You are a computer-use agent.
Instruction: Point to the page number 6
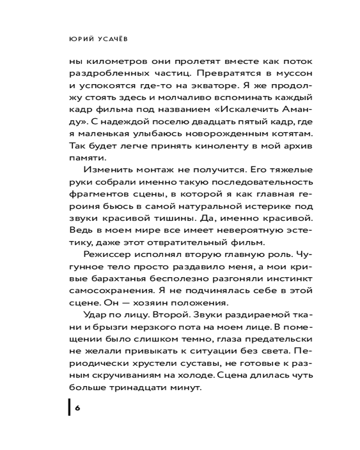(77, 408)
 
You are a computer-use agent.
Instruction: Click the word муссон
(271, 73)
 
